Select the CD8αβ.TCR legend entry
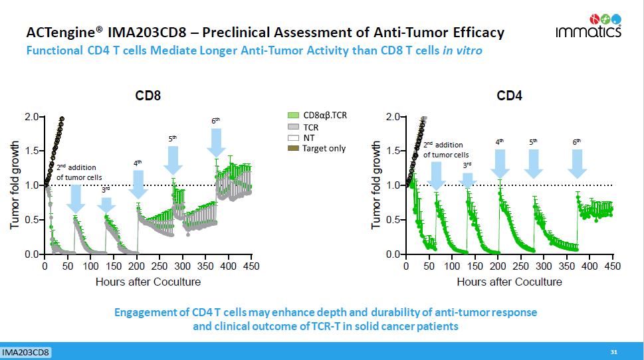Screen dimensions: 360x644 (x=318, y=115)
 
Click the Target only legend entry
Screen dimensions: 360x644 (x=318, y=148)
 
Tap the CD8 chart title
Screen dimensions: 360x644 (x=148, y=96)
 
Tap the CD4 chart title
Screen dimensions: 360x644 (x=510, y=96)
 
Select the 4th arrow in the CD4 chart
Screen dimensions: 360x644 (x=500, y=162)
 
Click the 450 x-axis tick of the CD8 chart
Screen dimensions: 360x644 (x=251, y=266)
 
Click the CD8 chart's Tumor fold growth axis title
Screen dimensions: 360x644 (x=15, y=185)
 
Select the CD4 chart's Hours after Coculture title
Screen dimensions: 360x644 (x=509, y=282)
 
